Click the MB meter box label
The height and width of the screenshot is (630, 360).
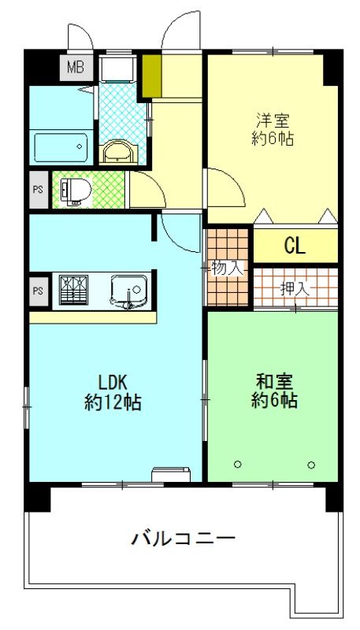click(x=75, y=66)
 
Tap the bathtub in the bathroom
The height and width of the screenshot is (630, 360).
click(x=61, y=146)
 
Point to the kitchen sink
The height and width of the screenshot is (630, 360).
click(x=127, y=291)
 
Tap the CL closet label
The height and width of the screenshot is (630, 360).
click(x=295, y=246)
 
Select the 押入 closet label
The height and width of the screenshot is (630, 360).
click(x=295, y=288)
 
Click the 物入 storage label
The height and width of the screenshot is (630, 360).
click(x=227, y=268)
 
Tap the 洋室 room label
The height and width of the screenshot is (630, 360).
click(x=273, y=120)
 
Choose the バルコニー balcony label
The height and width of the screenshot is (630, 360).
click(x=183, y=540)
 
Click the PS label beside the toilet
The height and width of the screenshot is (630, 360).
click(x=38, y=190)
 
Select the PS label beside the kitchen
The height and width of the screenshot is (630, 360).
click(x=38, y=291)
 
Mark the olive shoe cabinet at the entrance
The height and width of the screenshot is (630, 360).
click(x=150, y=74)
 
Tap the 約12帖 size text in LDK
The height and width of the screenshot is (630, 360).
click(x=113, y=402)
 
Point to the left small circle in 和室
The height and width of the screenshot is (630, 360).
click(x=238, y=464)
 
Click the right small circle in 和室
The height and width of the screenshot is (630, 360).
click(x=311, y=464)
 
